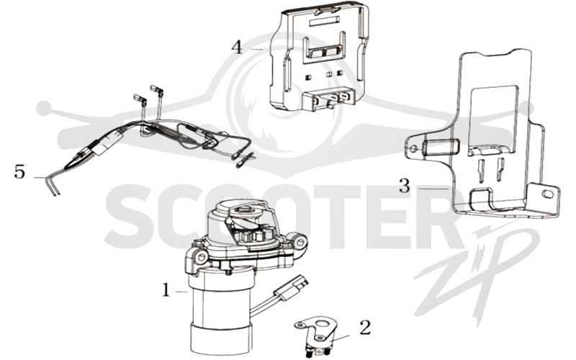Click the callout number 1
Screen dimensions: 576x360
point(166,291)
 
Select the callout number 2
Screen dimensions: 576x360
point(365,328)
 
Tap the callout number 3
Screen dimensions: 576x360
point(405,186)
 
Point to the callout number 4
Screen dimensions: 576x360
point(238,47)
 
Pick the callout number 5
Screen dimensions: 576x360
point(20,171)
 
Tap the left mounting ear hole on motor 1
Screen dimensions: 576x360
point(201,258)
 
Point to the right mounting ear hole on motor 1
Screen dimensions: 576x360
point(300,242)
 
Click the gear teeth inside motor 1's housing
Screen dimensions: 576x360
point(251,236)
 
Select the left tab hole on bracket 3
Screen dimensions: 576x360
point(415,148)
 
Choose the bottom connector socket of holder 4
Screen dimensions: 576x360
point(330,99)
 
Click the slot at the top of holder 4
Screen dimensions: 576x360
point(322,22)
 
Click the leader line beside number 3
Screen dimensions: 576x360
point(433,188)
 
